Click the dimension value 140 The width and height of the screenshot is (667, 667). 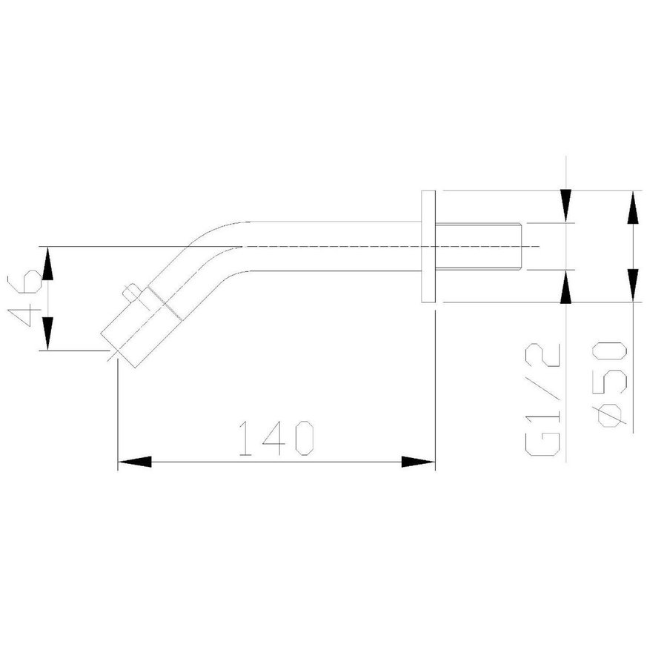click(x=275, y=439)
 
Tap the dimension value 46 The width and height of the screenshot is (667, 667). click(x=29, y=298)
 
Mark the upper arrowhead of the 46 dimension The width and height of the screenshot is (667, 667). click(x=47, y=264)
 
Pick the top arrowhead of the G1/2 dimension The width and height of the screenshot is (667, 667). click(x=566, y=206)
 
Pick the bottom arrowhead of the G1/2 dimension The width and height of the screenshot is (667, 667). click(x=566, y=286)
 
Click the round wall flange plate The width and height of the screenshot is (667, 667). click(x=428, y=246)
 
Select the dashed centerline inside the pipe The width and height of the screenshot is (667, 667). click(x=333, y=246)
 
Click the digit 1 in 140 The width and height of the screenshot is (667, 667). click(x=247, y=439)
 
